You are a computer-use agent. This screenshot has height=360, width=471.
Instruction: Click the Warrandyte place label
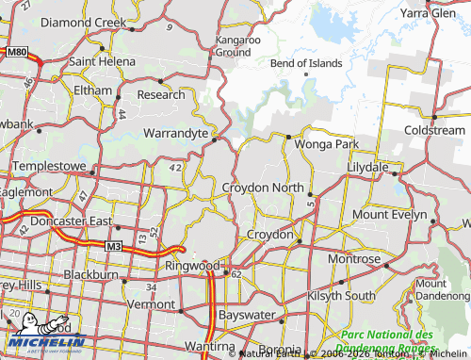175,134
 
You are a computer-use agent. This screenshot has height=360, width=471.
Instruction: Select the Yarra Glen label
427,14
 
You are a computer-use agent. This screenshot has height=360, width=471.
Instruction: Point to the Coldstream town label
434,130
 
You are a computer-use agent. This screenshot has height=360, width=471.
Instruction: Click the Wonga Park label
327,144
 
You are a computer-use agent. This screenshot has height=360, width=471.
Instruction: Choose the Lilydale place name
367,166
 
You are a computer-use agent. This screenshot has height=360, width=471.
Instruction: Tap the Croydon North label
263,188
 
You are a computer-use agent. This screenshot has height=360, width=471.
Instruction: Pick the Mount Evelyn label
389,215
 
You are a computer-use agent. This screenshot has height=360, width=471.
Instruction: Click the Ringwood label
191,266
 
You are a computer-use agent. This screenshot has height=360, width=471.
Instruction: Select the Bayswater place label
244,312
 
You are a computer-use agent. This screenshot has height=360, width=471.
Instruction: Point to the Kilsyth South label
341,296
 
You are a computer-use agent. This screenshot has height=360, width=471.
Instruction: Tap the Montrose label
354,258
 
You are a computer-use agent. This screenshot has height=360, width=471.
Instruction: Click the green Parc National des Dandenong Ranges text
388,340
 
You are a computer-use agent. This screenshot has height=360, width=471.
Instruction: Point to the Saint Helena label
101,61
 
